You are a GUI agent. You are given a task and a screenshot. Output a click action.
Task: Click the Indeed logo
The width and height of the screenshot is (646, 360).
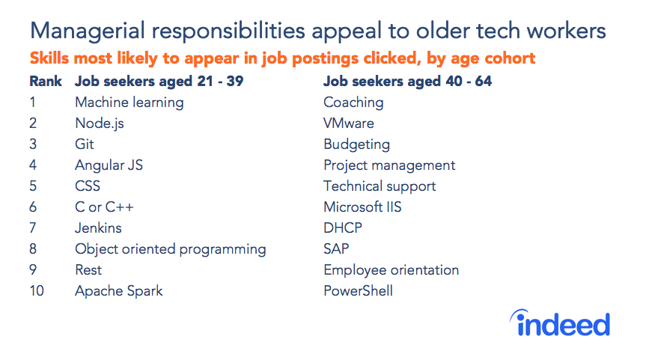(561, 323)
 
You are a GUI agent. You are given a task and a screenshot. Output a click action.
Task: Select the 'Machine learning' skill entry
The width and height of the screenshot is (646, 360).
(129, 103)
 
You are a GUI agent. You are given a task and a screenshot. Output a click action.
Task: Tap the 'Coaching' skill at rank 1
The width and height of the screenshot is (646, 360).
(353, 103)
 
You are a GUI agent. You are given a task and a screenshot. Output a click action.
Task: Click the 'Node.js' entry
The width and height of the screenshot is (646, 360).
(100, 123)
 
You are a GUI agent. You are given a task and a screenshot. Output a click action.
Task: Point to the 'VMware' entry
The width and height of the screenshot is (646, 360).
(348, 123)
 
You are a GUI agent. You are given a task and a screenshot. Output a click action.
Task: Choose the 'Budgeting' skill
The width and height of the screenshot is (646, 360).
(356, 144)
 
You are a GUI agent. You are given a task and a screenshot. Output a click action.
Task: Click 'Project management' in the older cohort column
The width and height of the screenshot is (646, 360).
(389, 165)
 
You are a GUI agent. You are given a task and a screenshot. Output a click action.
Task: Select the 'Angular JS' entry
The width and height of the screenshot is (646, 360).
(109, 165)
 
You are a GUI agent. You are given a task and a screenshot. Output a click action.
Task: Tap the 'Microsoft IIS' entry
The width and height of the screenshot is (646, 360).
(362, 207)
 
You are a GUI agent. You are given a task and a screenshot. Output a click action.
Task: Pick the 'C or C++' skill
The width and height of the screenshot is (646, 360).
(104, 207)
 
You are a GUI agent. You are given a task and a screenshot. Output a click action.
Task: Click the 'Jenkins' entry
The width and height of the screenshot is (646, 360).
(98, 228)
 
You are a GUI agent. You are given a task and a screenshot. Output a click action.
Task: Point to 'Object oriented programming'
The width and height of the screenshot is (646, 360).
(170, 249)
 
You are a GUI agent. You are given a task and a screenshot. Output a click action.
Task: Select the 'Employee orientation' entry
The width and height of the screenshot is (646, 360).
(391, 270)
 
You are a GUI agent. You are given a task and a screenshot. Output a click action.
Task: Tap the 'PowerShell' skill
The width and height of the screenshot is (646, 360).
(358, 291)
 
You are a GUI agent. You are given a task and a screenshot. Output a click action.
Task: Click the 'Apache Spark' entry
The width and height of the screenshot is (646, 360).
(118, 291)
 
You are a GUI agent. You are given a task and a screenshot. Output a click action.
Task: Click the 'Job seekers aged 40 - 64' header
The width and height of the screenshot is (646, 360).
(407, 81)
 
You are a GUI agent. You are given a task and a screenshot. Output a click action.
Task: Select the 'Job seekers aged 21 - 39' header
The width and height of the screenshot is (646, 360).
(159, 81)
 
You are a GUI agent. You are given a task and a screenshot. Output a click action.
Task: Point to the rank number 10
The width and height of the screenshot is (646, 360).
(37, 291)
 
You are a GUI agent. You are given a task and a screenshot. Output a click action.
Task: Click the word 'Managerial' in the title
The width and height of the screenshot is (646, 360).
(85, 31)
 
